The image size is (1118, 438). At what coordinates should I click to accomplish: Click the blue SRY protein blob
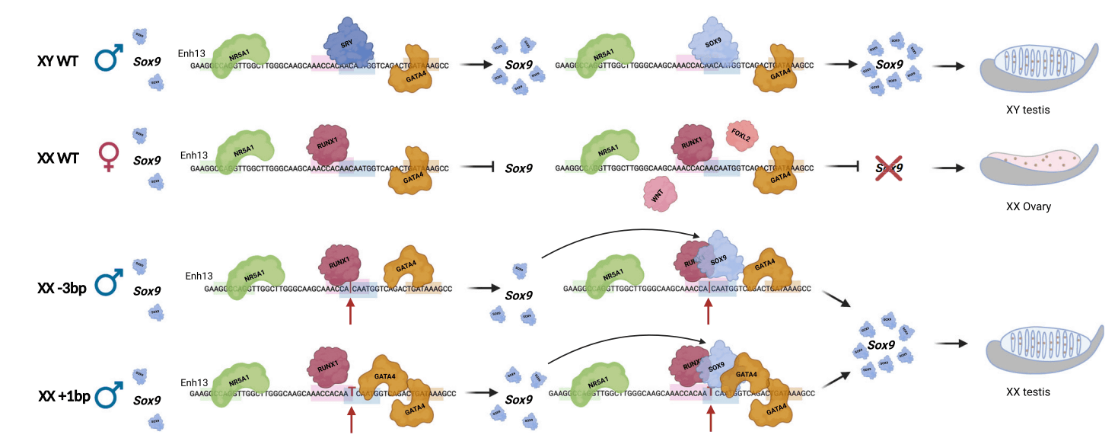tap(349, 44)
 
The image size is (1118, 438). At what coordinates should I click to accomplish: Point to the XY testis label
tap(1027, 110)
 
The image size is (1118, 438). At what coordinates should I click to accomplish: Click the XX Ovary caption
tap(1028, 206)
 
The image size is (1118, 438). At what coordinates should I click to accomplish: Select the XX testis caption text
tap(1027, 392)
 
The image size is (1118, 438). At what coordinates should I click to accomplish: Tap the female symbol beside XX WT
tap(109, 159)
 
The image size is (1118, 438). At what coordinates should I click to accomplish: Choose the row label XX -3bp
tap(63, 289)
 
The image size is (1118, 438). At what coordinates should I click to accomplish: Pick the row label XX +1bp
tap(64, 396)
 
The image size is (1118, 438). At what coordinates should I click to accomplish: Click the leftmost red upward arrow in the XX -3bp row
tap(350, 312)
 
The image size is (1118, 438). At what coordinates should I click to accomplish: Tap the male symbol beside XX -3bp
tap(111, 286)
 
